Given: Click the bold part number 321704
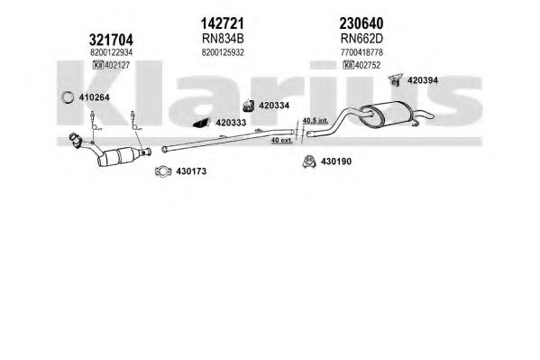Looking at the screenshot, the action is [111, 40].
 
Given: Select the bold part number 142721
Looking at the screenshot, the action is [223, 23].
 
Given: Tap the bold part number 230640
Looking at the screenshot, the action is [362, 23].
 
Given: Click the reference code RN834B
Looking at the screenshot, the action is [223, 39].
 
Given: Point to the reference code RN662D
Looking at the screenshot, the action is [362, 39].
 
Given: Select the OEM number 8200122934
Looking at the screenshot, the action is [111, 52].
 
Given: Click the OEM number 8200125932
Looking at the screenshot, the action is [223, 52].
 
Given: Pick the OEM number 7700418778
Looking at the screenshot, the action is [362, 52].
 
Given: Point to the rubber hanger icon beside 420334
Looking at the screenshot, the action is [248, 106].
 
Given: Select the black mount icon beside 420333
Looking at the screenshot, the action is [201, 123].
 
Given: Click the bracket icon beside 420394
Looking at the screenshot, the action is [396, 80].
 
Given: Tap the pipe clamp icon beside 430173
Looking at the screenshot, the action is [163, 171].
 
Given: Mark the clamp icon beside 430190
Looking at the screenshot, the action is [309, 162].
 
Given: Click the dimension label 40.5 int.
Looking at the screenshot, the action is [316, 121].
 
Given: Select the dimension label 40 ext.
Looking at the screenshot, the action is [281, 140].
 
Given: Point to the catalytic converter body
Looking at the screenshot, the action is [119, 157].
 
